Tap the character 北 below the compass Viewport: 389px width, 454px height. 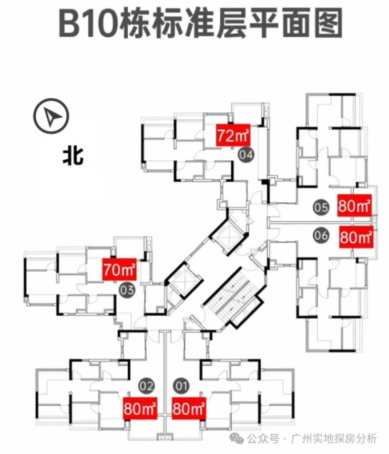point(73,156)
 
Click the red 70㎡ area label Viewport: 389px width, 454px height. point(119,271)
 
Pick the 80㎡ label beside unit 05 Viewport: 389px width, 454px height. point(355,206)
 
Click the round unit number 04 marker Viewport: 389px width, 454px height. point(245,155)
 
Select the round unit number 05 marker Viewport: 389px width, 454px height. point(321,207)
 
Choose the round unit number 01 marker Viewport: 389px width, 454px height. point(181,387)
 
